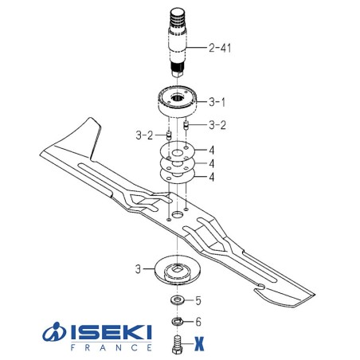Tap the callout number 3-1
click(x=217, y=102)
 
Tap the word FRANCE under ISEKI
click(x=105, y=348)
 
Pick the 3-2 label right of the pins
click(x=217, y=125)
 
